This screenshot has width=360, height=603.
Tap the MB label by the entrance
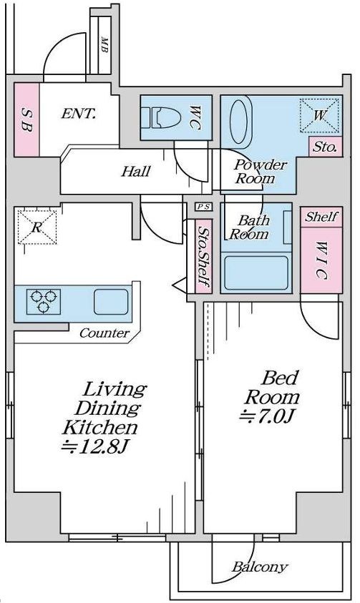104,44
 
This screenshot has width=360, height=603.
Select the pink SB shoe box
26,119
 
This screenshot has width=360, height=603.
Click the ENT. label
78,114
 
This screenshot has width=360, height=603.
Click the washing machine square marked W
320,115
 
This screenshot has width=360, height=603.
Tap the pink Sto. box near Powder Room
326,147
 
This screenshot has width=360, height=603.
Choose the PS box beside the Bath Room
203,207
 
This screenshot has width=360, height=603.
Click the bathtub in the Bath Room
256,273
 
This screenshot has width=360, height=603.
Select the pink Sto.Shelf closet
203,256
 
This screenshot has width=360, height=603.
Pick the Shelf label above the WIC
321,217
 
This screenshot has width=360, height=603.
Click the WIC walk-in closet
321,260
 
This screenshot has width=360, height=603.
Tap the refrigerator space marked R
37,227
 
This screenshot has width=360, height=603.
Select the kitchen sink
111,302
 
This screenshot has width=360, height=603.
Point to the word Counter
104,333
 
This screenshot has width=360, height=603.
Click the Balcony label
260,567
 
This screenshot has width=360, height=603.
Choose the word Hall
136,171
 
